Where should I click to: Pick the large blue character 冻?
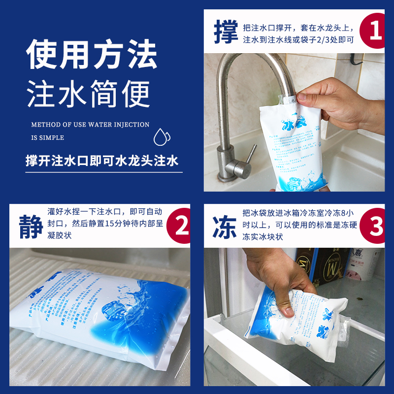click(227, 226)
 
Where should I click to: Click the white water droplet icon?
click(162, 136)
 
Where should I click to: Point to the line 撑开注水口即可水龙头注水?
click(102, 162)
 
